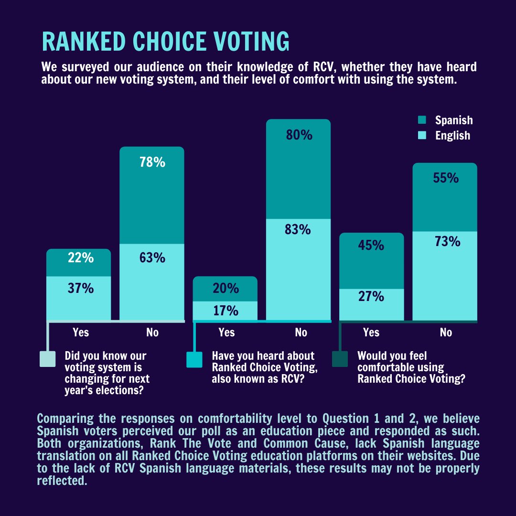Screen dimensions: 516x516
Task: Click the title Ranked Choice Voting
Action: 165,42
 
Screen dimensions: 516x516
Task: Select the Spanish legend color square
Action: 422,120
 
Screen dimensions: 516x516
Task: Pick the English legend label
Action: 452,136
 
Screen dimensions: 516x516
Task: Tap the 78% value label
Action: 152,162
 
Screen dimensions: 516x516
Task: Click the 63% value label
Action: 152,258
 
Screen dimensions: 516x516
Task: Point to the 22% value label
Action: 80,258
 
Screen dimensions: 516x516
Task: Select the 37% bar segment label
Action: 80,289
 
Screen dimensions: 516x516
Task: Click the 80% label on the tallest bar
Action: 299,135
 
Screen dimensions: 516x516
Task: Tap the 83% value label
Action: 298,230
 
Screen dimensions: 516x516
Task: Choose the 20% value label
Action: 226,289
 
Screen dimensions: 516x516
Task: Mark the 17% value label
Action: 226,311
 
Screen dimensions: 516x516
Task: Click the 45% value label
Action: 371,246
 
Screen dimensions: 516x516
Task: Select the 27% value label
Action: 371,297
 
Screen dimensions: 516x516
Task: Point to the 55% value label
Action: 446,178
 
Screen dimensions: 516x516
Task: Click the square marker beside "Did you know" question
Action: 47,359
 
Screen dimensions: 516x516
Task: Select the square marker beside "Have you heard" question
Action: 194,359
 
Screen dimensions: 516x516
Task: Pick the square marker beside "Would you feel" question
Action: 340,359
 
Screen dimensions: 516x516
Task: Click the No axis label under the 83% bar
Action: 301,333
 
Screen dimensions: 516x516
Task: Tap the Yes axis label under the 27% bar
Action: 371,333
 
